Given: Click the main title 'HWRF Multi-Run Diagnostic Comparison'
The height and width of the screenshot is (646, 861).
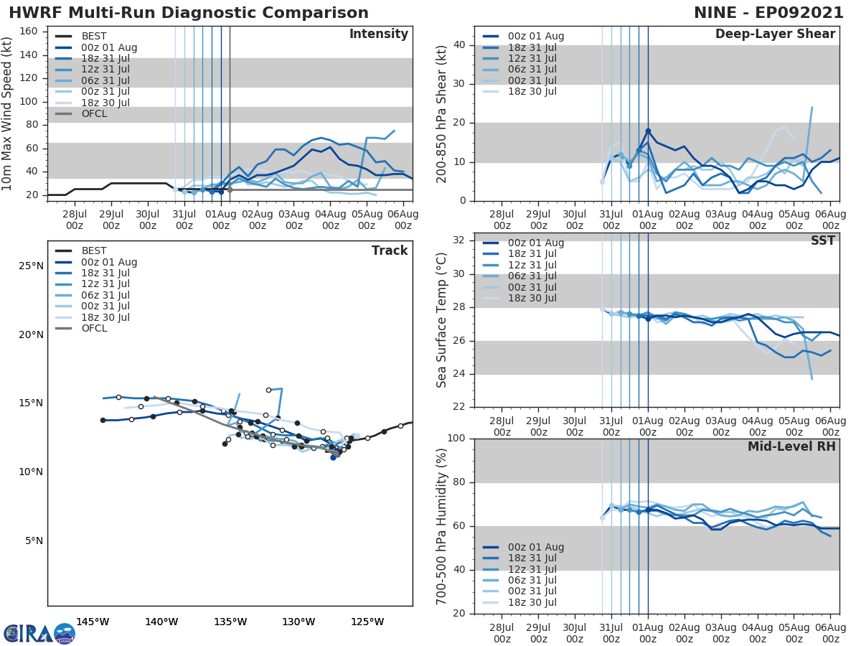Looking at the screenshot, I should tap(189, 13).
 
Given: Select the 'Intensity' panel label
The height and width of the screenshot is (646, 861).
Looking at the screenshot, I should tap(378, 34).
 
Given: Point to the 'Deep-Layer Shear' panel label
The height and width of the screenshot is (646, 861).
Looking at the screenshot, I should tap(775, 34).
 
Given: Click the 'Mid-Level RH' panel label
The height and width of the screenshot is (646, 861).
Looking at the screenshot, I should tap(791, 447).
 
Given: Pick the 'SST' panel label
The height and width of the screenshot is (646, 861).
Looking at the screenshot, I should tap(823, 241).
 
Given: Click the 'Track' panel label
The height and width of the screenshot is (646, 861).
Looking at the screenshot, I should tap(390, 251).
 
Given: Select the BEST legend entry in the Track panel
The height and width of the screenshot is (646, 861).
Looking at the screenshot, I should tap(94, 251).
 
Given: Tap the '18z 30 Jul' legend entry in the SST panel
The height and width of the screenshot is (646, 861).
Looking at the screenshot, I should tap(531, 299).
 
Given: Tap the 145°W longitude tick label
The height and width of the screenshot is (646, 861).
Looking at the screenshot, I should tap(93, 622).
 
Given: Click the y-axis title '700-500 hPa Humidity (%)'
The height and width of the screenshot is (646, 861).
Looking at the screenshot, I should tap(443, 526).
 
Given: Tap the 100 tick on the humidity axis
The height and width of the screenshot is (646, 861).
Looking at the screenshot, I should tap(456, 439).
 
